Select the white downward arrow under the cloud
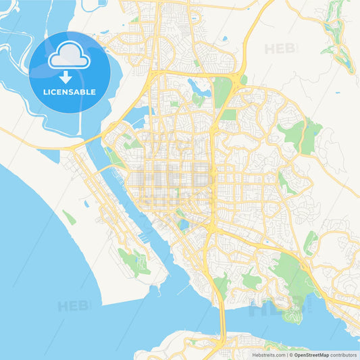pos(65,76)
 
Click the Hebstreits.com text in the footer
pos(264,355)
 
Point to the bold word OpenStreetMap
pos(311,355)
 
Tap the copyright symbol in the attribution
pos(291,355)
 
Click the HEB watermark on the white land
pos(280,49)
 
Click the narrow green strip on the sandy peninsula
pos(70,217)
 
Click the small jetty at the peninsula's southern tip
pos(157,289)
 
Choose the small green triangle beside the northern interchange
pos(243,79)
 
